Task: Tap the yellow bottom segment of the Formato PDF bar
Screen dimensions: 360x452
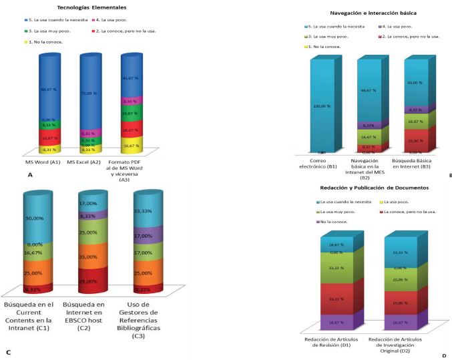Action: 131,144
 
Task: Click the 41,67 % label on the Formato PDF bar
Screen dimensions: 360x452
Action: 131,78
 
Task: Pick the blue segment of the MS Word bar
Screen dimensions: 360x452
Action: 51,87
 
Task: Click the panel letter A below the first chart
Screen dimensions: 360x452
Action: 30,174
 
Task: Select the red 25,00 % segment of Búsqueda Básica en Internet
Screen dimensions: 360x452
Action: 415,140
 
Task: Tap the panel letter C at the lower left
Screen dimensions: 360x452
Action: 8,352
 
